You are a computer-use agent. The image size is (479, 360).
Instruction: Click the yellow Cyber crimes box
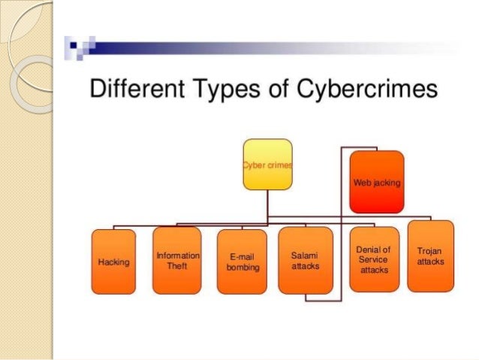pos(267,163)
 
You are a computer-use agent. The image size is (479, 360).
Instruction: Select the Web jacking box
pos(377,182)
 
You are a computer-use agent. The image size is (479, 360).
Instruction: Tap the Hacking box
pos(113,262)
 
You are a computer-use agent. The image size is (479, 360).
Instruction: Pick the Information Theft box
pos(177,260)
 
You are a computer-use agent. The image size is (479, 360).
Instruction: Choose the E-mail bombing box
pos(242,262)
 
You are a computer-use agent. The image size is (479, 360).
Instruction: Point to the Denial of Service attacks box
pos(374,259)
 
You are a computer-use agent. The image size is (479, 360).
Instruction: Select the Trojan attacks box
pos(430,256)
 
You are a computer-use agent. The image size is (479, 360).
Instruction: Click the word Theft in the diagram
pos(177,265)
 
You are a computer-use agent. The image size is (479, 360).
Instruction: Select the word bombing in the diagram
pos(242,268)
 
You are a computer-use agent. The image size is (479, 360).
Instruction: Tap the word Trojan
pos(430,250)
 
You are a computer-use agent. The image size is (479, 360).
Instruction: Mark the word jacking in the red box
pos(387,183)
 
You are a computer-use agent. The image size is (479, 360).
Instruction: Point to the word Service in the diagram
pos(373,259)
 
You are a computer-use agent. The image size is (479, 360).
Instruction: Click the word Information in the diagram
pos(177,256)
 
